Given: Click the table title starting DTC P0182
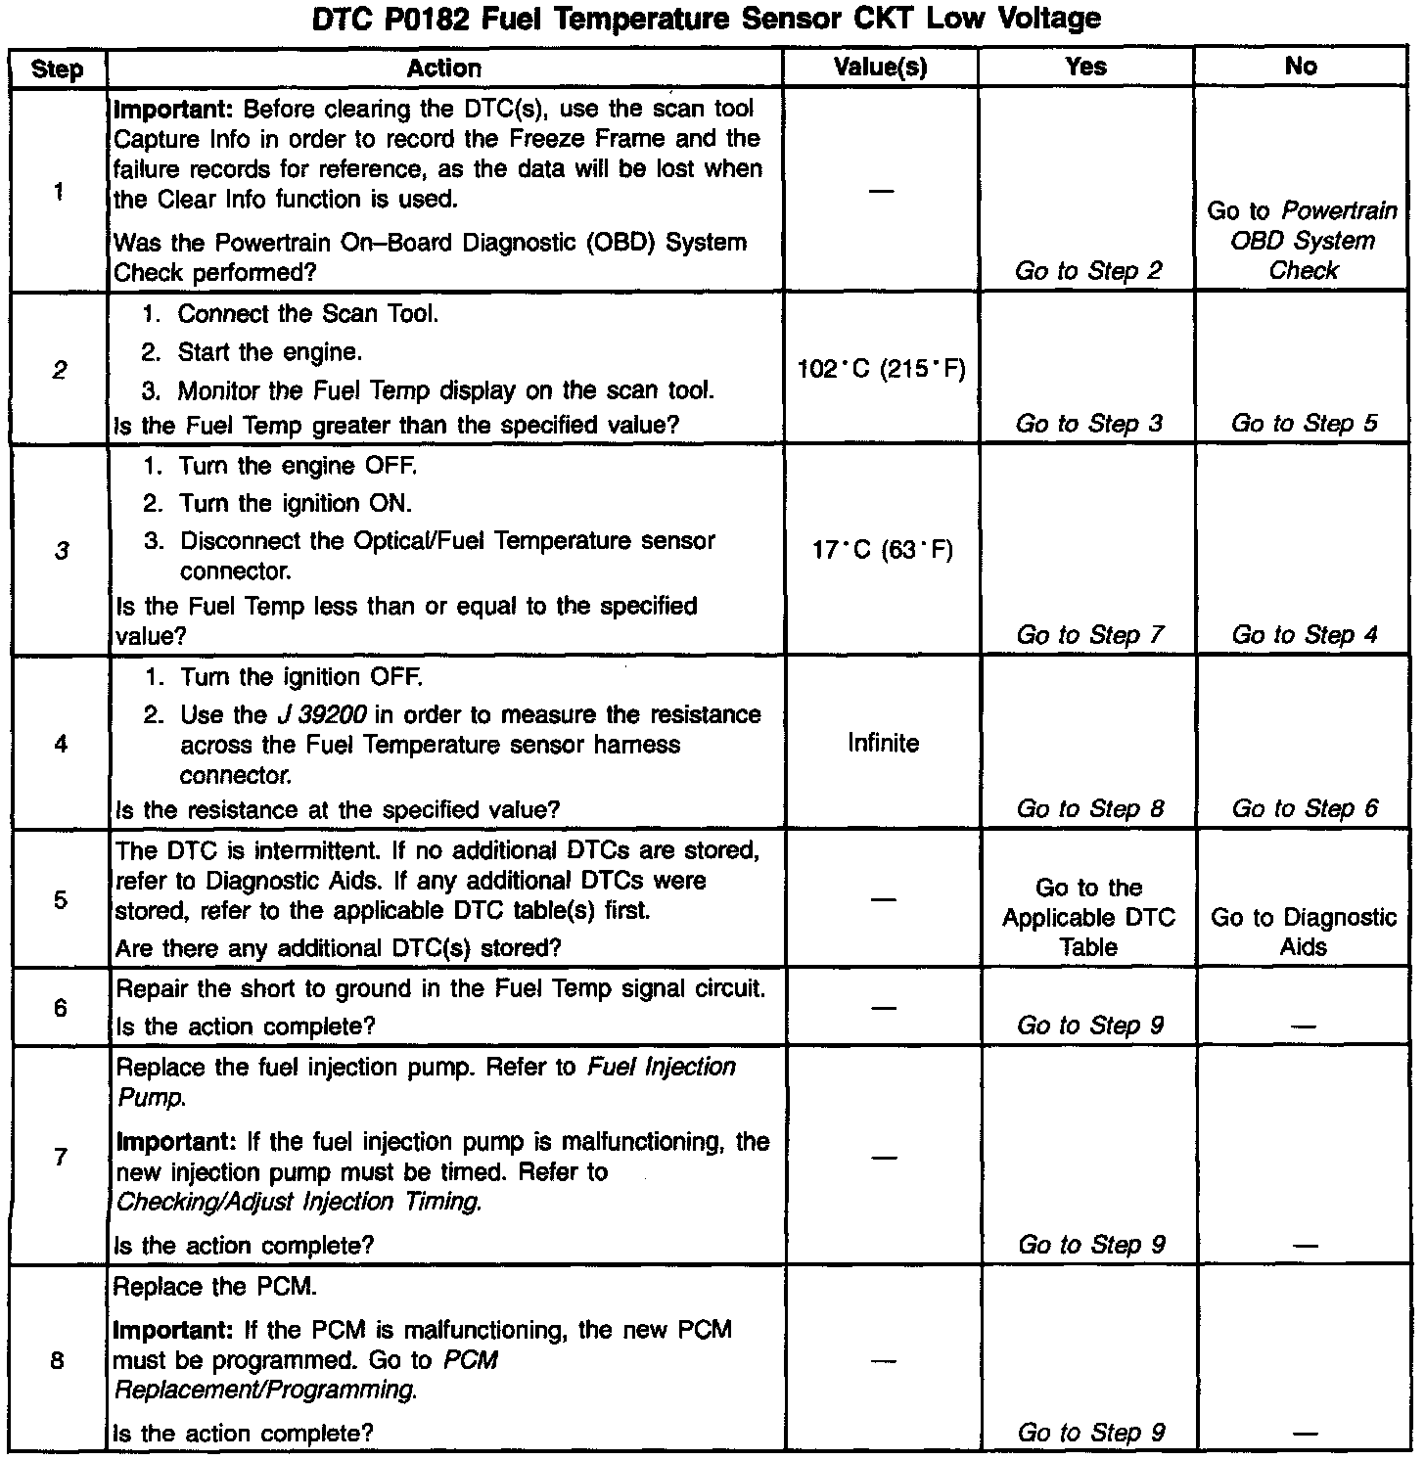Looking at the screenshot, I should click(706, 19).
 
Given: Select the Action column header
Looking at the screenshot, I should click(444, 68).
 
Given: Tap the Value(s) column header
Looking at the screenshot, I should click(880, 68).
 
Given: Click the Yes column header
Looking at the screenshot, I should click(1085, 68).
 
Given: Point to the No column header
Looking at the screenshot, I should click(1301, 68).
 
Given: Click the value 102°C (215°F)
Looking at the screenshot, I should click(882, 370).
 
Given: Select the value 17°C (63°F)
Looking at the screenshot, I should click(882, 550).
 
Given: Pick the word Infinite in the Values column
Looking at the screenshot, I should click(883, 744).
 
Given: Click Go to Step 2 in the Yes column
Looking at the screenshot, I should click(1088, 271).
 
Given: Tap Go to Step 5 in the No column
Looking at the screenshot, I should click(1304, 424).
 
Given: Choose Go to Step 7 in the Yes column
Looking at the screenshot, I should click(1089, 635).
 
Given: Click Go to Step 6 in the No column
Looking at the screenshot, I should click(1305, 808).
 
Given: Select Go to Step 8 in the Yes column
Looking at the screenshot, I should click(1089, 808).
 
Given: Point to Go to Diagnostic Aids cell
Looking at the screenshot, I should click(1304, 932).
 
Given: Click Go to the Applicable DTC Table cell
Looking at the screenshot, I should click(1088, 917).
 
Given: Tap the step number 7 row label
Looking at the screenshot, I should click(60, 1158).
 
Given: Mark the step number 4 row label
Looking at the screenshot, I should click(61, 744).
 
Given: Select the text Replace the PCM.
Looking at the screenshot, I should click(215, 1288).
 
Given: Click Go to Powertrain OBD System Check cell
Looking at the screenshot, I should click(1303, 241).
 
